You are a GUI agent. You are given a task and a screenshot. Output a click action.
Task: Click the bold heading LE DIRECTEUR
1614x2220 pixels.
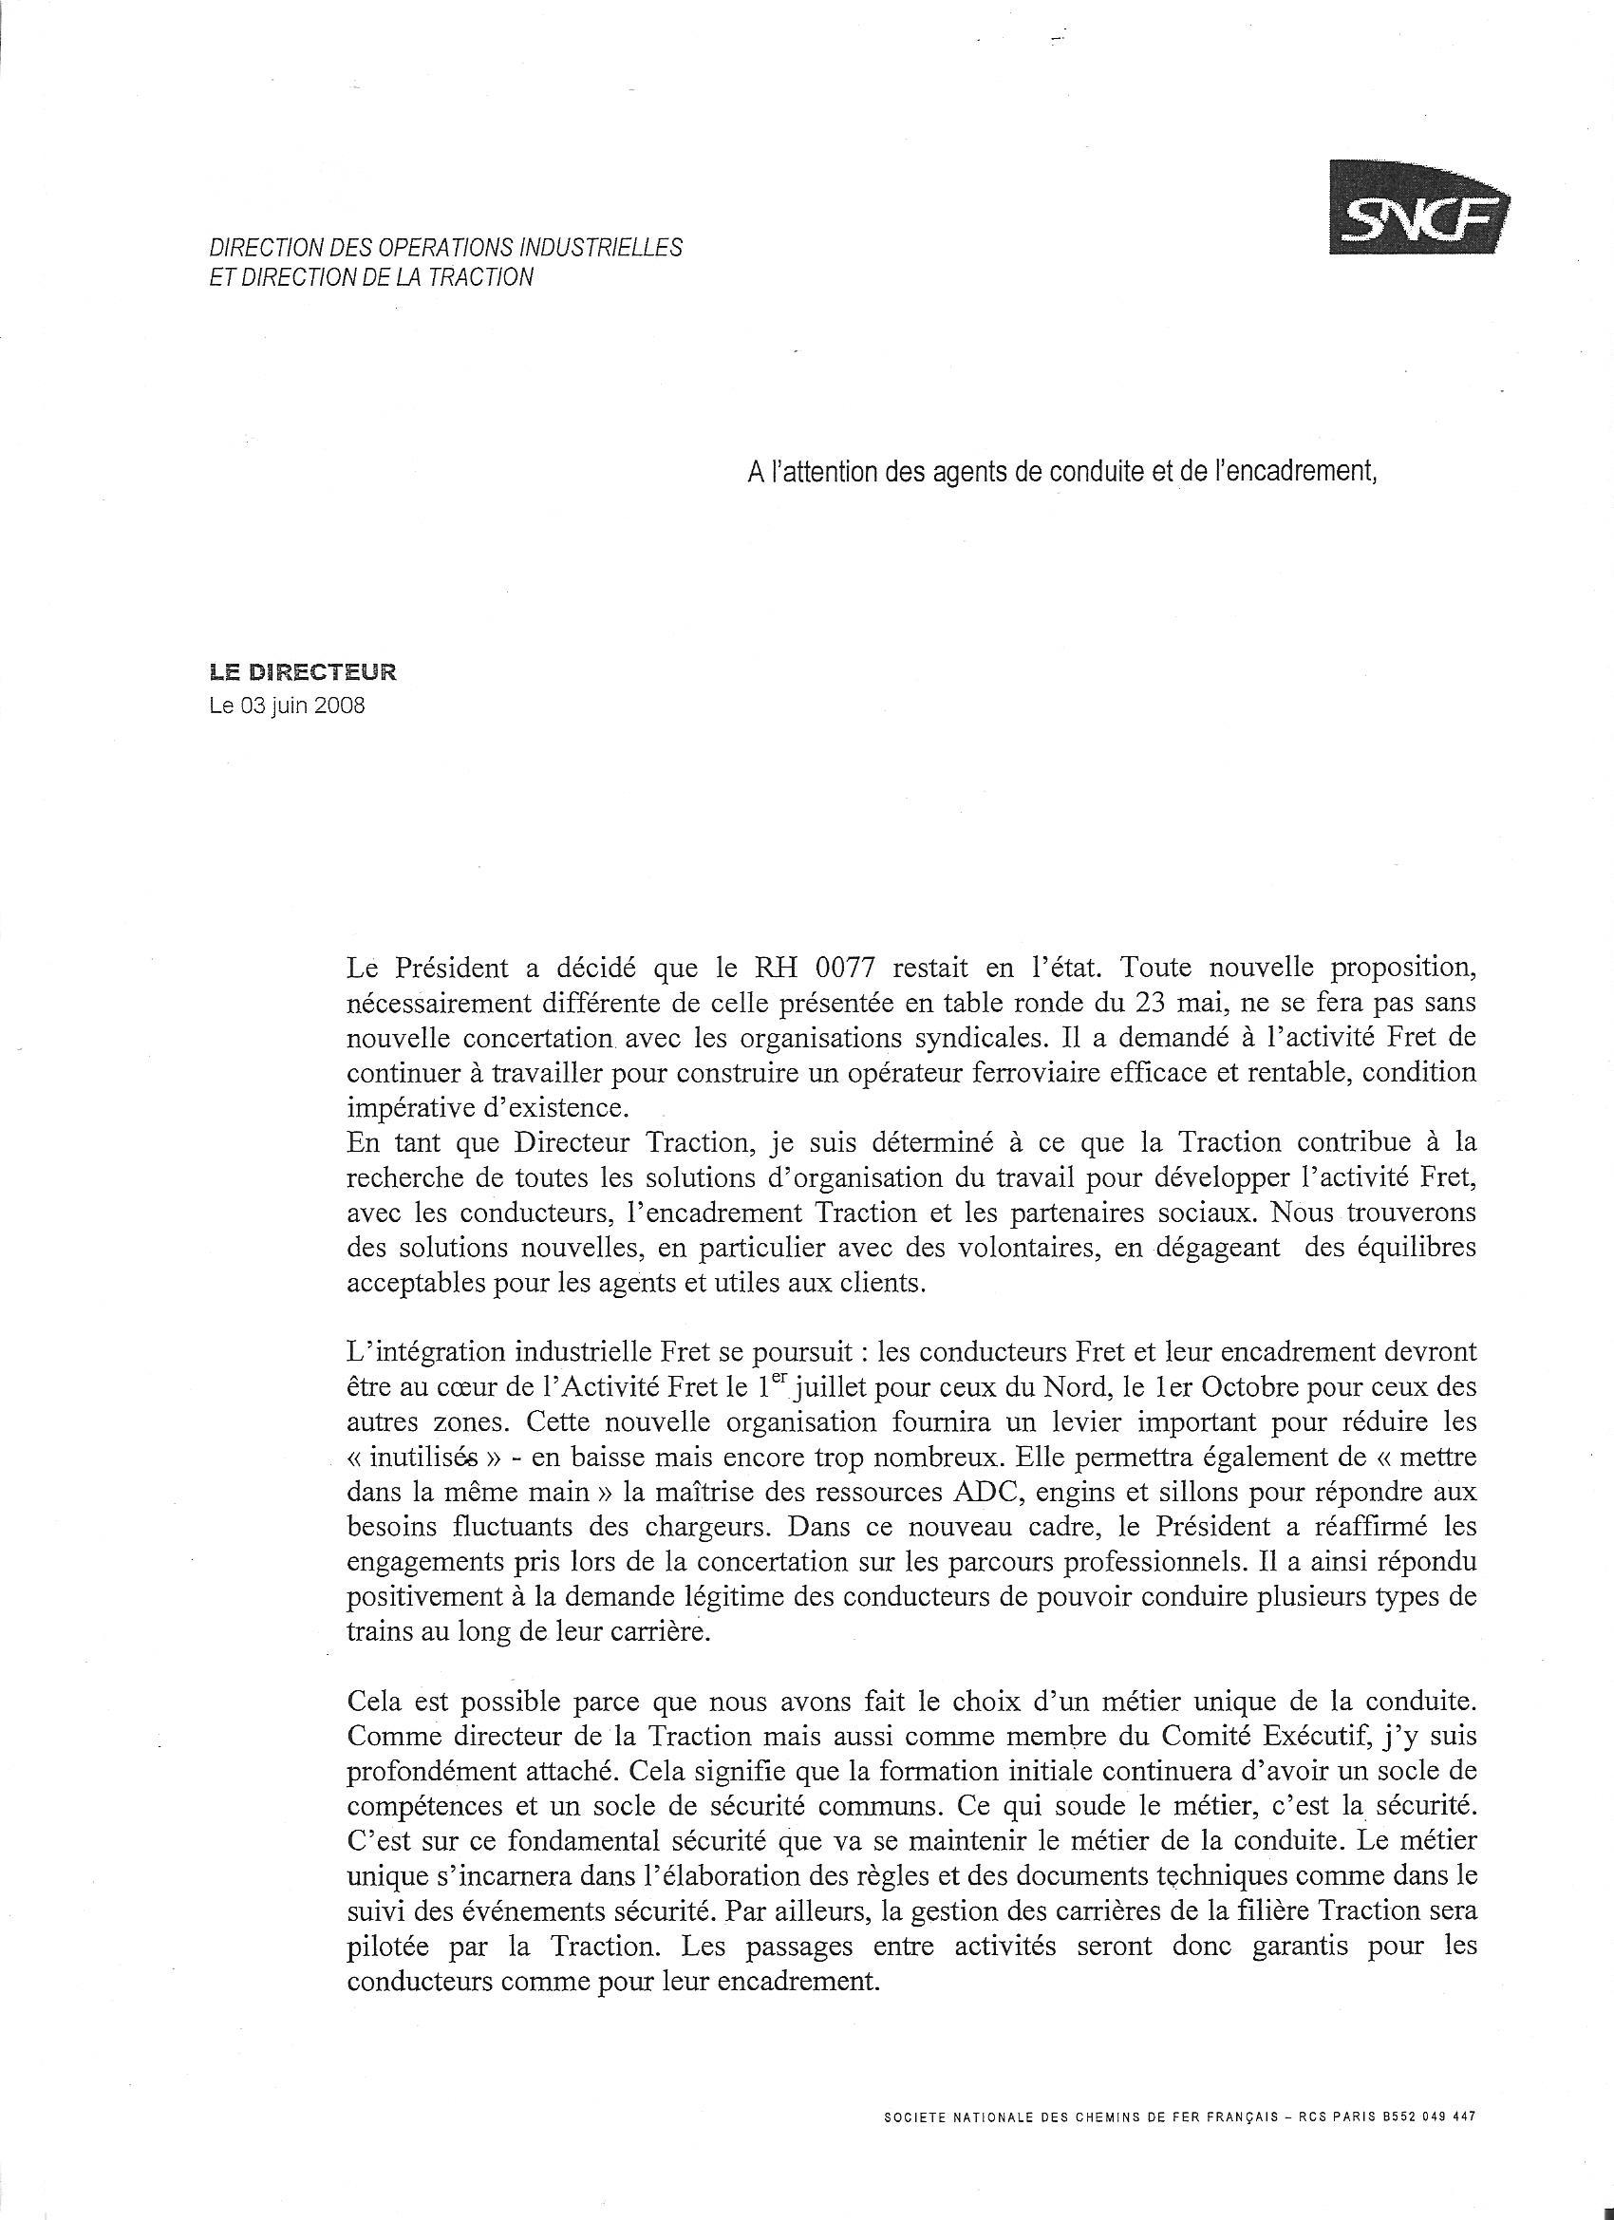point(304,672)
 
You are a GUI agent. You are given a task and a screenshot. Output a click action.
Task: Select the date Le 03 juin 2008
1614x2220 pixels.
point(287,705)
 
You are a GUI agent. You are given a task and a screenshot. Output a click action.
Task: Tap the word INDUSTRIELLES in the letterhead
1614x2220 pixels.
point(600,248)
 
